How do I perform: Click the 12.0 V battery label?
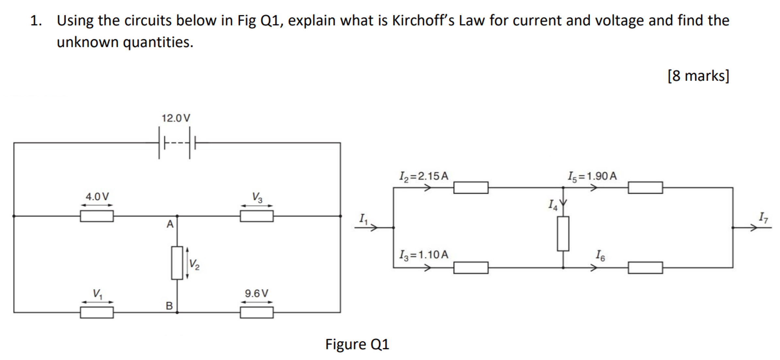pos(176,118)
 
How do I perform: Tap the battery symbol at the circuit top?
pos(177,143)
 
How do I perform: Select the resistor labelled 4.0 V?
pos(97,216)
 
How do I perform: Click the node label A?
pos(170,224)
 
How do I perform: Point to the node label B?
pos(169,306)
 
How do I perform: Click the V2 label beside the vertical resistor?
pos(194,264)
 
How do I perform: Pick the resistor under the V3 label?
pos(257,216)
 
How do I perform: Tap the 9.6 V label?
pos(256,293)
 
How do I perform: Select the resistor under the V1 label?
pos(97,312)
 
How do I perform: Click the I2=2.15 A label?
pos(423,177)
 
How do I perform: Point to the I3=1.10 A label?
pos(423,255)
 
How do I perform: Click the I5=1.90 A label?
pos(592,177)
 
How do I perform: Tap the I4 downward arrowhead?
pos(563,203)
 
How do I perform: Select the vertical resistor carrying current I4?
pos(563,234)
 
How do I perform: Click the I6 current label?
pos(600,256)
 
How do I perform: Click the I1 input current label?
pos(363,219)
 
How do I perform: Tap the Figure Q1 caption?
pos(357,344)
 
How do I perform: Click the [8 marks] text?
pos(698,76)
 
